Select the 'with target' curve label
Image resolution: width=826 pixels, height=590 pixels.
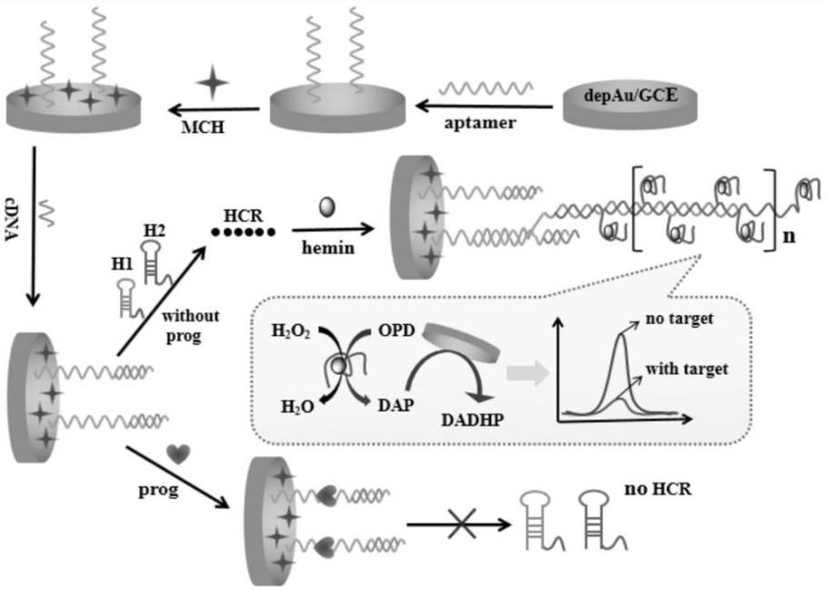(688, 369)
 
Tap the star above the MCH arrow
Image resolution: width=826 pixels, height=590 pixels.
(215, 85)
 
